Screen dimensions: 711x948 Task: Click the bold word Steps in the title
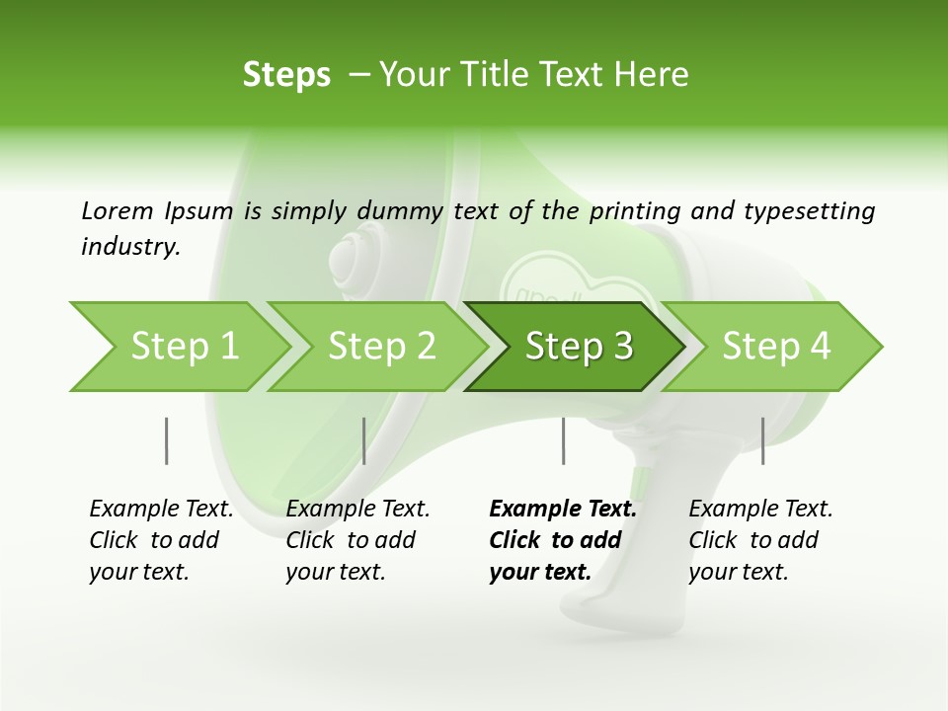286,75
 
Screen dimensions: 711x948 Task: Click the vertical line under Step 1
166,440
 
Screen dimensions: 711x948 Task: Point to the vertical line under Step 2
363,440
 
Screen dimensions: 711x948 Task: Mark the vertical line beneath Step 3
563,440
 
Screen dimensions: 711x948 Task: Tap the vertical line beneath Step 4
762,440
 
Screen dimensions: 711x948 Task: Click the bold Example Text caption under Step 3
562,540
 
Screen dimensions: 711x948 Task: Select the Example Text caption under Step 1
161,540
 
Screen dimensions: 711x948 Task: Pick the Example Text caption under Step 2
357,540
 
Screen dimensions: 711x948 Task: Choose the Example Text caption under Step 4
760,540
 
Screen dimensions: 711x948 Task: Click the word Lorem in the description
118,210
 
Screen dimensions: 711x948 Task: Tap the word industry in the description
130,246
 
